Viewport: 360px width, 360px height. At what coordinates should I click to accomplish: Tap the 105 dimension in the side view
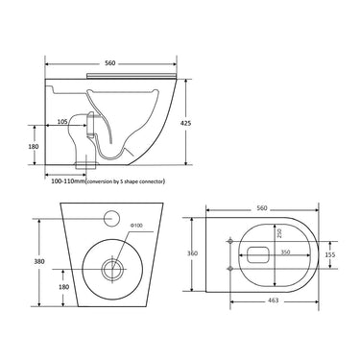click(62, 123)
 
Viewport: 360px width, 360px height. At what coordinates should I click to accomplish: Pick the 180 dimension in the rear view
click(62, 287)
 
